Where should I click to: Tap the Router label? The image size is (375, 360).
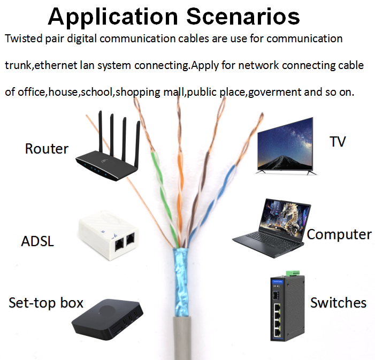(x=47, y=148)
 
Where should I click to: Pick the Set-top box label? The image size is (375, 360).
(x=46, y=303)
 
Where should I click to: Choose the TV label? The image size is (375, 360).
(x=338, y=142)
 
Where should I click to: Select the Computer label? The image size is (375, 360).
(x=339, y=234)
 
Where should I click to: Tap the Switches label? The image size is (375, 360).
(x=338, y=303)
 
